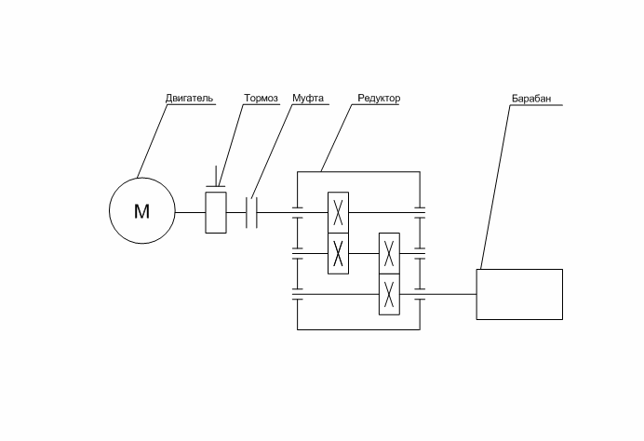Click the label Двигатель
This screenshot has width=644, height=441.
(x=189, y=98)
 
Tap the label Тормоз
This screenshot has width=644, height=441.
(x=262, y=98)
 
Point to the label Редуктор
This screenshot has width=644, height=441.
(x=378, y=98)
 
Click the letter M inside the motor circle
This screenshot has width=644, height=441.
(x=141, y=212)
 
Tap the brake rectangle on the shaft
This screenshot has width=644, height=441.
(x=216, y=212)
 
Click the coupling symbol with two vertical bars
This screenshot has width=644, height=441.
(x=251, y=212)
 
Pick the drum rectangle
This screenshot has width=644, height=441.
(x=519, y=294)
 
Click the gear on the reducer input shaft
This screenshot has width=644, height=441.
(x=339, y=213)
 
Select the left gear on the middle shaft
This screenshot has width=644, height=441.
(x=339, y=253)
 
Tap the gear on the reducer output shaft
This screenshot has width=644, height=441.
(x=389, y=295)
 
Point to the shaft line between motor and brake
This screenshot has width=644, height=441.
(x=189, y=212)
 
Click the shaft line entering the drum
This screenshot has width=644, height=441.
(x=451, y=295)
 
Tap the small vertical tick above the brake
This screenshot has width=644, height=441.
(x=216, y=177)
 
